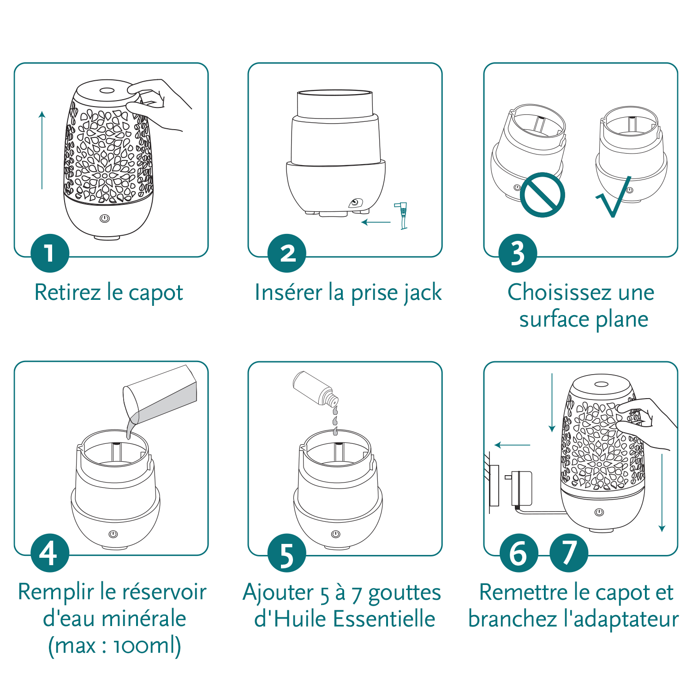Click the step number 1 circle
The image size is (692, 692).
click(x=50, y=253)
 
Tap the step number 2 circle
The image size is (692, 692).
click(x=287, y=253)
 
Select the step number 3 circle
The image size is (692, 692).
click(x=518, y=253)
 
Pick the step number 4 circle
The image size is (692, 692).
click(x=50, y=552)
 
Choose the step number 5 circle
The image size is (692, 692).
click(x=287, y=552)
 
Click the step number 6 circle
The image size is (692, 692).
click(x=519, y=552)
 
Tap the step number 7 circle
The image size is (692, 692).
click(x=569, y=552)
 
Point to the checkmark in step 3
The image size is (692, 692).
click(x=614, y=198)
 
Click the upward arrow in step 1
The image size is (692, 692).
click(x=42, y=150)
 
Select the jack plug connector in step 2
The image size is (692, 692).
click(x=402, y=215)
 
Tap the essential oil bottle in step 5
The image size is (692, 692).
click(x=316, y=388)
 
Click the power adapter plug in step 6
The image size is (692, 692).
click(x=520, y=488)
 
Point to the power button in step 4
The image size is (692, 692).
click(x=113, y=534)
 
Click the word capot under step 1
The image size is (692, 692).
click(x=156, y=293)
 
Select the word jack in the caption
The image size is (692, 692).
click(x=419, y=293)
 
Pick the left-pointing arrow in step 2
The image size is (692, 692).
click(x=376, y=222)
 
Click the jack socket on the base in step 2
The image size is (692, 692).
click(x=355, y=203)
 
